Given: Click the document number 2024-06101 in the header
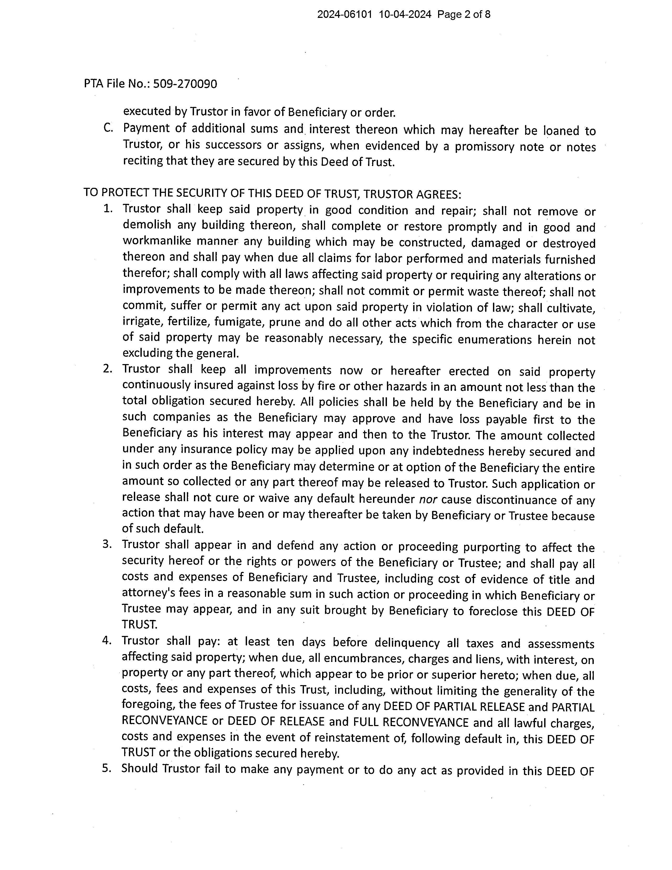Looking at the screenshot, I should pyautogui.click(x=344, y=15).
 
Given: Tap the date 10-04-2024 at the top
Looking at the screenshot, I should pyautogui.click(x=405, y=15).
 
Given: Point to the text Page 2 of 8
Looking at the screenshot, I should pyautogui.click(x=464, y=15).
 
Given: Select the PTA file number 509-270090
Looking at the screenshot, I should pyautogui.click(x=185, y=84).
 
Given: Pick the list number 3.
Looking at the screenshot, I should pyautogui.click(x=107, y=544).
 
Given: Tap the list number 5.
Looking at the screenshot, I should pyautogui.click(x=106, y=768).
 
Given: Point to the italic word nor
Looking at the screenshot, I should pyautogui.click(x=428, y=500).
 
